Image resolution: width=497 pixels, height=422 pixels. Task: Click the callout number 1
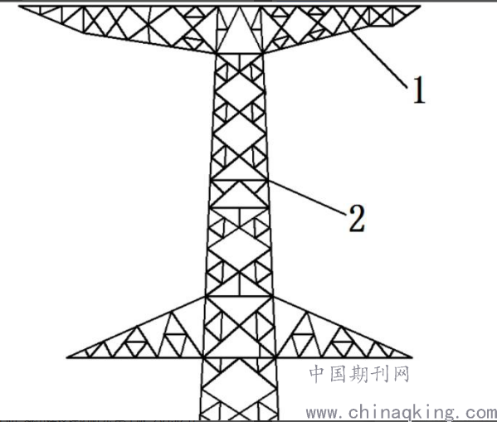tap(419, 90)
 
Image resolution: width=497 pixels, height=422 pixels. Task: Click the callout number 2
tap(357, 219)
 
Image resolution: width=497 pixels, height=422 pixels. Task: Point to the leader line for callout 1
tap(378, 58)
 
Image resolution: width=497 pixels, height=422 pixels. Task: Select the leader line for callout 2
tap(307, 198)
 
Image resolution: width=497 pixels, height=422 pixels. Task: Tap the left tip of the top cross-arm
tap(20, 6)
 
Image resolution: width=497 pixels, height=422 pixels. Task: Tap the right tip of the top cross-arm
tap(420, 6)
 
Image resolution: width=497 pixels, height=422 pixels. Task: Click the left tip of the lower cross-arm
tap(67, 357)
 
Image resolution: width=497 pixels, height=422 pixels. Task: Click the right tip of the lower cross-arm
tap(412, 357)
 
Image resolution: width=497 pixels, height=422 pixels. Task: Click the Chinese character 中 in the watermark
tap(318, 374)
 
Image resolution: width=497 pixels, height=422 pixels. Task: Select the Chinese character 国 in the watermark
tap(339, 374)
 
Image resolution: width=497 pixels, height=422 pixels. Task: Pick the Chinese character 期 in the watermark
tap(358, 374)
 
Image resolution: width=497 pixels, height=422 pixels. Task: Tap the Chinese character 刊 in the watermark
tap(379, 374)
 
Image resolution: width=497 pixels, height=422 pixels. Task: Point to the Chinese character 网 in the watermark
tap(400, 374)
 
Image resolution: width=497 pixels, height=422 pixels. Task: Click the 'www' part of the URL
tap(322, 414)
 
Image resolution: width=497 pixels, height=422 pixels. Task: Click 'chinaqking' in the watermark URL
tap(402, 413)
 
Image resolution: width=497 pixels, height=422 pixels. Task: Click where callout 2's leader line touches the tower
tap(269, 181)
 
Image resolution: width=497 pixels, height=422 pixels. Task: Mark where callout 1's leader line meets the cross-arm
tap(349, 29)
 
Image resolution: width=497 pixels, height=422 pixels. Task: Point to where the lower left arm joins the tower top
tap(206, 297)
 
